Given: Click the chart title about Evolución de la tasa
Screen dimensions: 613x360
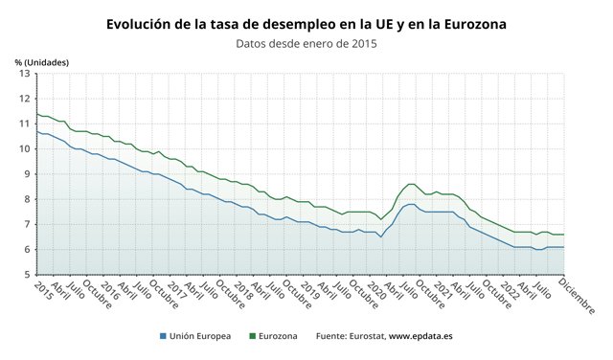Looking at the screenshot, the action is [x=306, y=24].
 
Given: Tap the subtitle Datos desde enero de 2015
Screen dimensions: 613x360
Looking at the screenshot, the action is [x=306, y=43].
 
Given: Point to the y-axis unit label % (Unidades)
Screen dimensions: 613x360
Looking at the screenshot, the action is [x=42, y=62].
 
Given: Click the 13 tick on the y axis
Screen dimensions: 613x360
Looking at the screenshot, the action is [x=25, y=74].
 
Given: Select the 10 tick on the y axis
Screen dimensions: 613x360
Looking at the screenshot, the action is [x=25, y=149].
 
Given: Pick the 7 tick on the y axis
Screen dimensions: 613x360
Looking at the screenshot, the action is [x=28, y=224].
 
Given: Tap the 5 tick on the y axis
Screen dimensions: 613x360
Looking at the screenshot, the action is [x=28, y=275].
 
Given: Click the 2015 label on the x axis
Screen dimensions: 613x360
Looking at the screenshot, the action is [x=43, y=291].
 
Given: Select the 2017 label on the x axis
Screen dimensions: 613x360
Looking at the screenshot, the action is [x=176, y=291].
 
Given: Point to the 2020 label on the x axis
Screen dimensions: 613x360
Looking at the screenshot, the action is [x=376, y=291].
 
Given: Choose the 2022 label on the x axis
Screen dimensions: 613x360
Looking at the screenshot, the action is [x=510, y=291].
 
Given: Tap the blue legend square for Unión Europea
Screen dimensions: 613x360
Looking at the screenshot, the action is [x=163, y=336].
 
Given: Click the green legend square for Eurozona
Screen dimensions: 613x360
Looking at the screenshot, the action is [x=252, y=336].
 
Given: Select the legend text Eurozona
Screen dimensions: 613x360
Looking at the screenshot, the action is [x=278, y=336].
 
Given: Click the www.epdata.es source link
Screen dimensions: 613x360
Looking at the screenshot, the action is [x=420, y=336].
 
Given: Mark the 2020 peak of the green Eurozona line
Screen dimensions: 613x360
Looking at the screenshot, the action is [x=412, y=184].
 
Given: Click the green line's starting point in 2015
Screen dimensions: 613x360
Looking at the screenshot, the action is [x=37, y=114].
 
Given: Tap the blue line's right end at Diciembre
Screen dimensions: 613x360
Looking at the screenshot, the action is [x=564, y=247].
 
